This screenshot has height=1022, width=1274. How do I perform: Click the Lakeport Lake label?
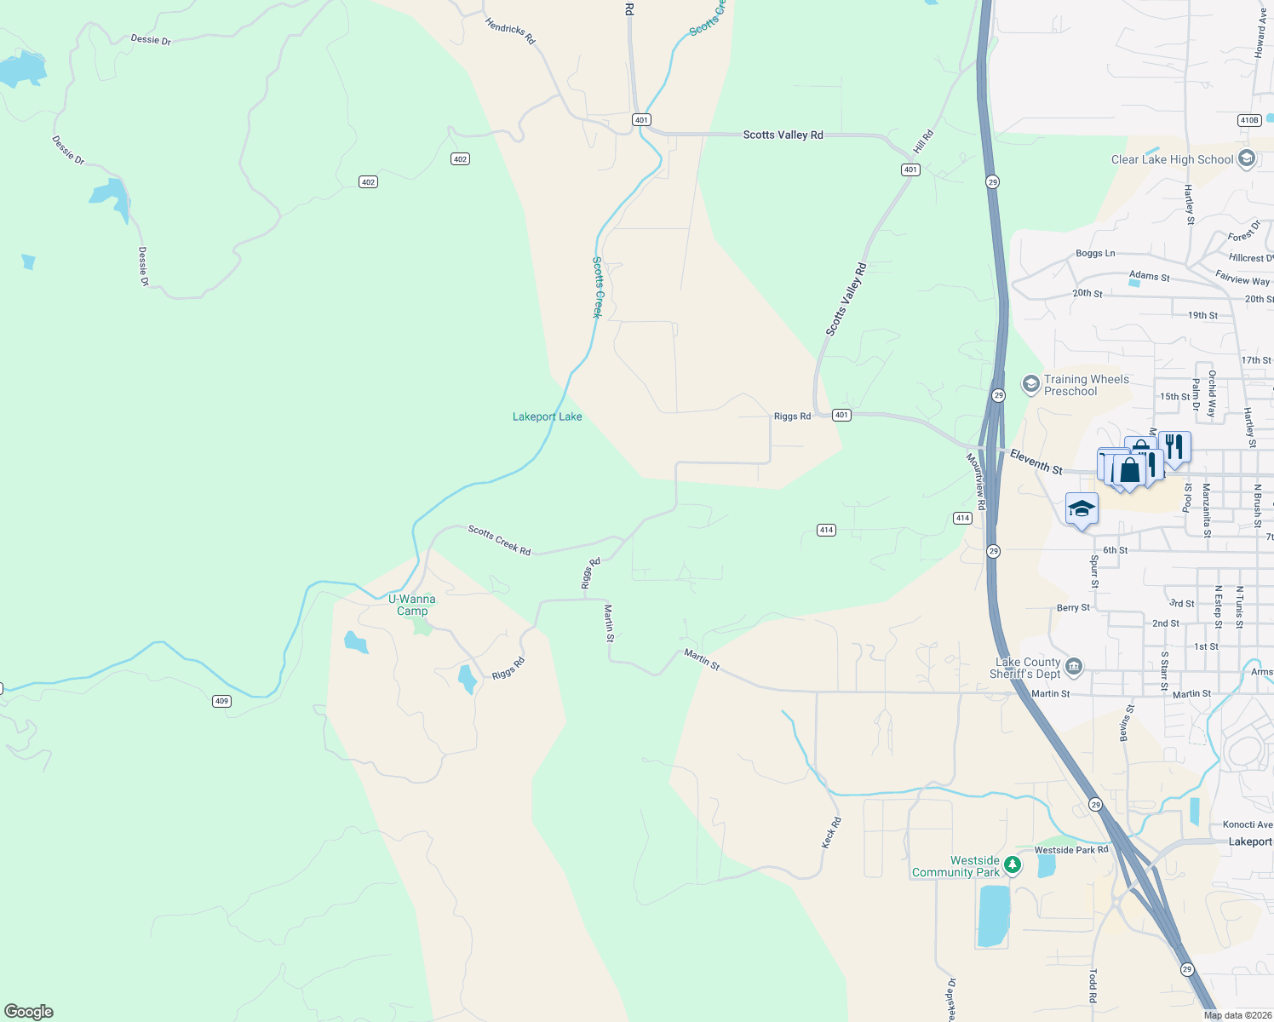click(547, 416)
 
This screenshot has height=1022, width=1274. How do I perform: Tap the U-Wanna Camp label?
click(412, 605)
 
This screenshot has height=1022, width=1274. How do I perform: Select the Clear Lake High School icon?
click(1247, 159)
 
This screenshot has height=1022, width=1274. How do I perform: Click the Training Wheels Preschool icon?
click(1031, 385)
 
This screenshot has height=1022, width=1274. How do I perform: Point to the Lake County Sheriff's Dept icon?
click(1074, 667)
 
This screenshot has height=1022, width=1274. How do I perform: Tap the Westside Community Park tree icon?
click(1013, 865)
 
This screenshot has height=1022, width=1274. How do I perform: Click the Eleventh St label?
click(1036, 462)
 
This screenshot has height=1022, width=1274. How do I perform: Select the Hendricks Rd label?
click(509, 32)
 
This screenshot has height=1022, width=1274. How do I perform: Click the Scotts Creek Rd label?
click(499, 541)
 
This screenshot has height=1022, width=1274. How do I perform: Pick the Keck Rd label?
click(831, 833)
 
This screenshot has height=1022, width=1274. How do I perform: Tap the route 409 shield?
click(221, 701)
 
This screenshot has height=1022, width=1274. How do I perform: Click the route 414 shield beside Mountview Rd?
click(962, 518)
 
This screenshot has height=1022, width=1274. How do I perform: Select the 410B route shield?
click(1249, 120)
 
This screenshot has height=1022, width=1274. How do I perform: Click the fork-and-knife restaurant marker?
click(1174, 446)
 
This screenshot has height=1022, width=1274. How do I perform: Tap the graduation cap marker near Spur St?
click(1082, 509)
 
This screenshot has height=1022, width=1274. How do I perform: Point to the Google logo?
click(29, 1012)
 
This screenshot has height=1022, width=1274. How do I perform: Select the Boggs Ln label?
click(1095, 253)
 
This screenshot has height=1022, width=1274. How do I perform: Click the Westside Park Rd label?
click(1071, 850)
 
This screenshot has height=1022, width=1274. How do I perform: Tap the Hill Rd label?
click(924, 141)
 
